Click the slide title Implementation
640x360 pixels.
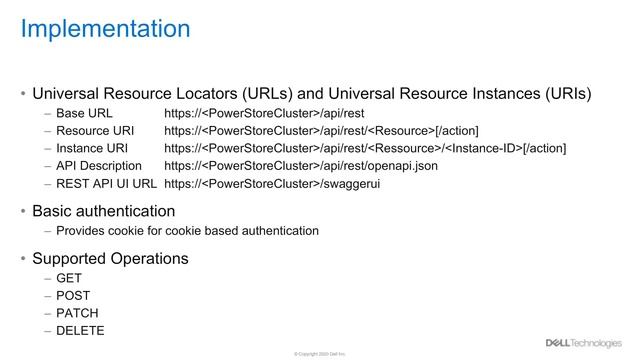coord(105,28)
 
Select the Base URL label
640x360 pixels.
coord(84,113)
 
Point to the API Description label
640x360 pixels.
coord(99,166)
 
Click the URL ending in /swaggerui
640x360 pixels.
coord(272,184)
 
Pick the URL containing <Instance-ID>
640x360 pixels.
coord(365,148)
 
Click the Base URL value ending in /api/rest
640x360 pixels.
coord(264,113)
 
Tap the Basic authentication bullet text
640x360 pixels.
coord(104,211)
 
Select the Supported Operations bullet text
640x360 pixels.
coord(110,258)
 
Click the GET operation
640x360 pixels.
coord(69,277)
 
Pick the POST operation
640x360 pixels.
coord(73,295)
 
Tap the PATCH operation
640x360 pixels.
coord(77,312)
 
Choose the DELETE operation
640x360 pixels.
coord(80,330)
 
